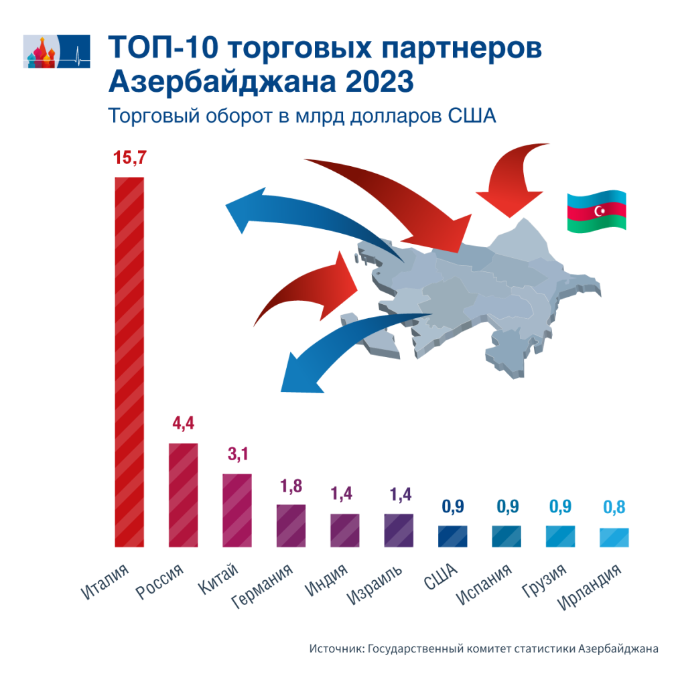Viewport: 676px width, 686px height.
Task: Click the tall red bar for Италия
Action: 129,362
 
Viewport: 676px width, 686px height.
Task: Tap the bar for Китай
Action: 236,510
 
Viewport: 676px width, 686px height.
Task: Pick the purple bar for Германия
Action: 291,525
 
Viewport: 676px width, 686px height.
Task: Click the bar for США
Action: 452,536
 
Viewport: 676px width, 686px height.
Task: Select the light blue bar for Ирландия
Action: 614,537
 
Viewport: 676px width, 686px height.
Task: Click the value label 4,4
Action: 183,425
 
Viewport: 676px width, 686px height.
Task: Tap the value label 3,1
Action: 237,456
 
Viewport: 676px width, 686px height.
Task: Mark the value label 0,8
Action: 614,508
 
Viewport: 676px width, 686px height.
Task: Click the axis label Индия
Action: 327,581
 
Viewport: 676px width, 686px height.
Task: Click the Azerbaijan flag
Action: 596,212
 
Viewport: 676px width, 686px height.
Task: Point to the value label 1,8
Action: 291,486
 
